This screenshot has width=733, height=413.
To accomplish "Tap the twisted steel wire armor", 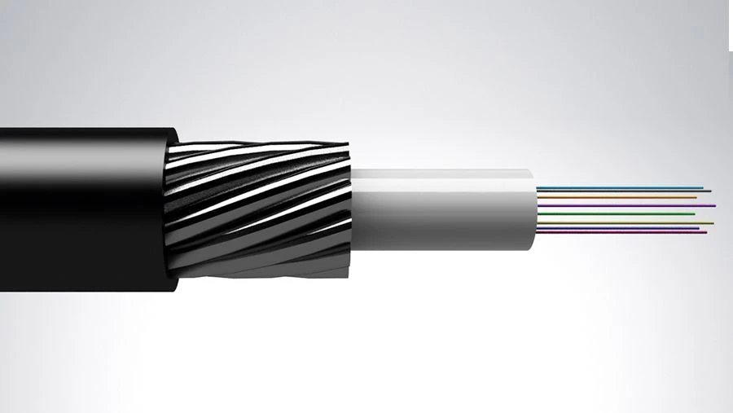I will pyautogui.click(x=261, y=208).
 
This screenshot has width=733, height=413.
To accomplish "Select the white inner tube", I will pyautogui.click(x=440, y=208).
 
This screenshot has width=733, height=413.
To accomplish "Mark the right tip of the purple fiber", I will pyautogui.click(x=714, y=205).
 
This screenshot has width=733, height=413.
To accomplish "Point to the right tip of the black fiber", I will pyautogui.click(x=709, y=191).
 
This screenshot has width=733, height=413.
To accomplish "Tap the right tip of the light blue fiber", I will pyautogui.click(x=701, y=187).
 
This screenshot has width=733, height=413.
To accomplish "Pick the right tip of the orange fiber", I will pyautogui.click(x=696, y=197).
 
